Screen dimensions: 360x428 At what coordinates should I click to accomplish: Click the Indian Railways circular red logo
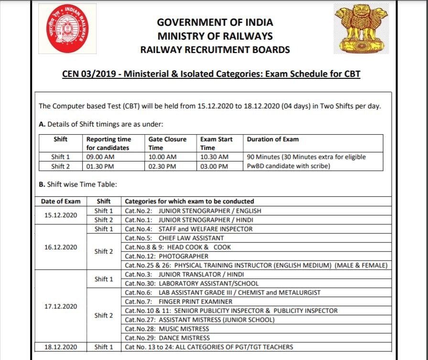[67, 29]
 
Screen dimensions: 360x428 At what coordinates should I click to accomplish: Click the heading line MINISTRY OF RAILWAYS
[215, 36]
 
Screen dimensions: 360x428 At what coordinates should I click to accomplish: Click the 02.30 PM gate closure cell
[162, 166]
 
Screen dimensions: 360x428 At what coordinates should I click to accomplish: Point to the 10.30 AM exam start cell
[214, 157]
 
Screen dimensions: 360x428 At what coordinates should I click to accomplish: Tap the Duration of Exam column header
[273, 139]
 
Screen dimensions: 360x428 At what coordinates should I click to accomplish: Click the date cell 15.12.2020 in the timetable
[61, 215]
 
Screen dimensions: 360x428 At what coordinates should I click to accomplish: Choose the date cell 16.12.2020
[61, 247]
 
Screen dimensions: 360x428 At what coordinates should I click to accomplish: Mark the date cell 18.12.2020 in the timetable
[61, 347]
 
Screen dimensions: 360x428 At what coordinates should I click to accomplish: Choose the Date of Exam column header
[61, 201]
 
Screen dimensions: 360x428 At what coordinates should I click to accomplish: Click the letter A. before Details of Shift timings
[42, 124]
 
